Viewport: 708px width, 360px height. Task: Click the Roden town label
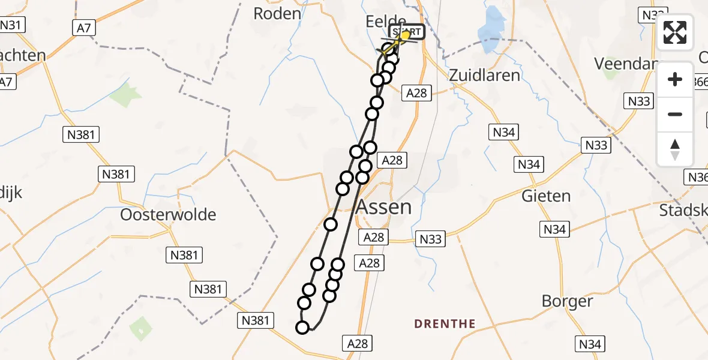(277, 13)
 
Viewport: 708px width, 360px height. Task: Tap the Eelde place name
(385, 22)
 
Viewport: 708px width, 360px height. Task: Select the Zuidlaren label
(485, 75)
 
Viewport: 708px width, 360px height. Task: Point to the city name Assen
(384, 207)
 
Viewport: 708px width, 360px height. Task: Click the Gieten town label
(546, 196)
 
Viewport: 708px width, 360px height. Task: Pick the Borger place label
(567, 301)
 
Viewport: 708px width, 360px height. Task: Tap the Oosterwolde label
(168, 214)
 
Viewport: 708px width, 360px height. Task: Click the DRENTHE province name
(445, 324)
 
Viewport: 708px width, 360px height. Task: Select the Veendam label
(622, 63)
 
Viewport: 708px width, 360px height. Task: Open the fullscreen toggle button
(675, 32)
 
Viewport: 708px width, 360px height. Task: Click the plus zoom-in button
(675, 79)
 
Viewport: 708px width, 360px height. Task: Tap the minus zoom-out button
(675, 114)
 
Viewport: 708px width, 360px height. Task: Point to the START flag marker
(408, 32)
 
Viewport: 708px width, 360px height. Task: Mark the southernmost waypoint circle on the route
(302, 327)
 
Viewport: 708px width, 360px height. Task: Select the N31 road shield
(11, 25)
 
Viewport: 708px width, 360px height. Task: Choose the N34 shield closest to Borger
(589, 344)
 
